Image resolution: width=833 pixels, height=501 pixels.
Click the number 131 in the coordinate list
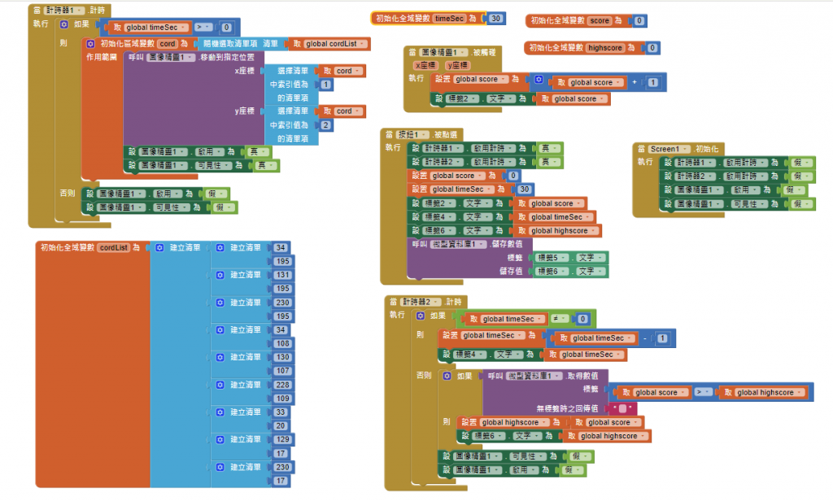pos(283,275)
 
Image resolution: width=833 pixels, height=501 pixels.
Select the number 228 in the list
pos(283,385)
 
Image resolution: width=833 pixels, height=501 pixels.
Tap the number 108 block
pos(283,343)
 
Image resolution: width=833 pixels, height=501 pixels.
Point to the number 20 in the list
pos(281,425)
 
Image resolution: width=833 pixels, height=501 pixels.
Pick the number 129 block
pos(283,439)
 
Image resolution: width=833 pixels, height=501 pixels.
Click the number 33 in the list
pos(281,412)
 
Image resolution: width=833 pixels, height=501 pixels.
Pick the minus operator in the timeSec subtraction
pos(643,338)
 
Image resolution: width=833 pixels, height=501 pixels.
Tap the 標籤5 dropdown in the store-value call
pos(553,258)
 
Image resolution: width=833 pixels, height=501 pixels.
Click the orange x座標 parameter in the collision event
pos(425,65)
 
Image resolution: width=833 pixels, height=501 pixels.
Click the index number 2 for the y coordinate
pos(325,125)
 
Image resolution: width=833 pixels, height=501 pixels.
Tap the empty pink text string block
pos(622,407)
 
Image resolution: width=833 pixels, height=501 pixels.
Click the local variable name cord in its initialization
pos(168,44)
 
